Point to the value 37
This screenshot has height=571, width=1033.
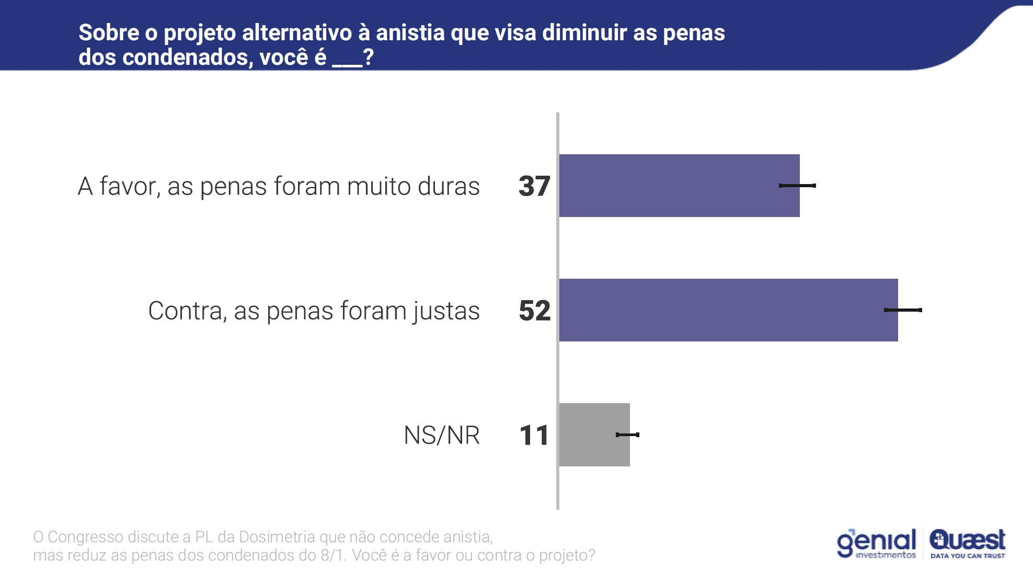(534, 186)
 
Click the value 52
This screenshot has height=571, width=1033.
(534, 311)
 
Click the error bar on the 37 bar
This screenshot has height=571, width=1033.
(797, 186)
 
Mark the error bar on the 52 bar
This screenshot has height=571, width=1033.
(903, 310)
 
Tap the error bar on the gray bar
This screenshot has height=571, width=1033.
(627, 435)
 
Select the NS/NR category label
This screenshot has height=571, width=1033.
(442, 435)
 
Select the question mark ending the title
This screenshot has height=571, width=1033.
(369, 57)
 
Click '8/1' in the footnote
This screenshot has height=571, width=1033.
(332, 555)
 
